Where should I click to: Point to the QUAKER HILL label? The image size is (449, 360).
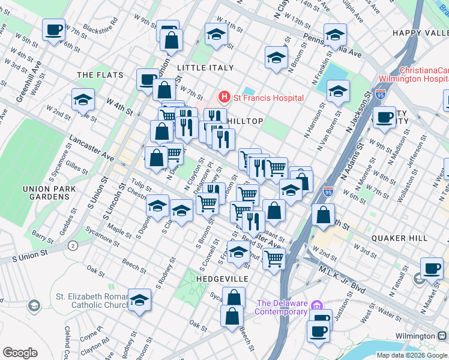pos(399,238)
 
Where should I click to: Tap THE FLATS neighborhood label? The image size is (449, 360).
pos(100,75)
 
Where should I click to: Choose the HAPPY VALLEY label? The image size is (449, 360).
pos(420,32)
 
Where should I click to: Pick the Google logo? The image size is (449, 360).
pos(20,353)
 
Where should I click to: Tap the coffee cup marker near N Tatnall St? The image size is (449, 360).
pos(431,268)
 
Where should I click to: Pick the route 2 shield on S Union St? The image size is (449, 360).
pos(73,245)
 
